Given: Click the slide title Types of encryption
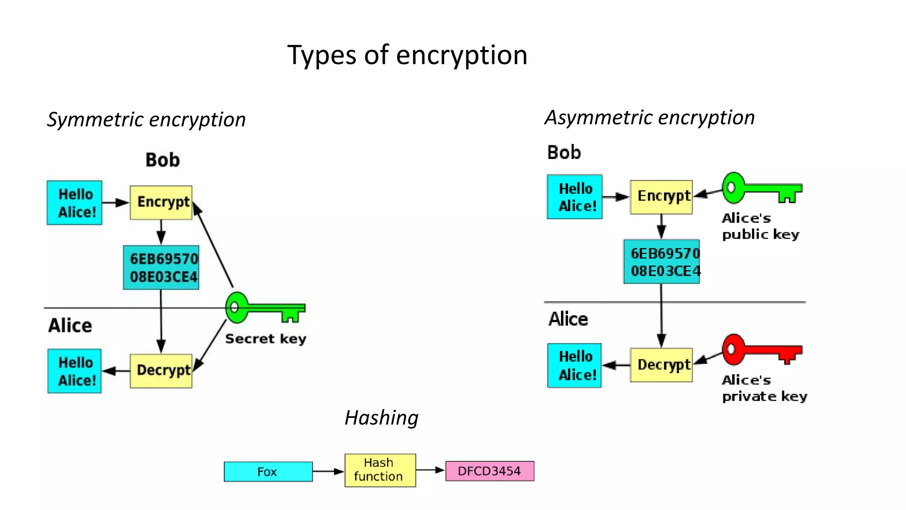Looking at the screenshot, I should (x=407, y=55).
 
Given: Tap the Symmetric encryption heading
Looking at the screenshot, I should (x=146, y=120).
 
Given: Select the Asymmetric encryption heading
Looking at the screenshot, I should (x=649, y=118).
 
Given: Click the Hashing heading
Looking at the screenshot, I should (x=381, y=417).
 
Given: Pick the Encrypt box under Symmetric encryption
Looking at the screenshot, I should (x=161, y=202).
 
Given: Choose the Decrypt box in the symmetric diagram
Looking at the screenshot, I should (x=161, y=371).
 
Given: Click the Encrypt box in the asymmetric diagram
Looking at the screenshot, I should (x=661, y=197).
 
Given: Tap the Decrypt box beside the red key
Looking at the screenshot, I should (x=661, y=365).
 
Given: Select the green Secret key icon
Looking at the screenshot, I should (x=265, y=308).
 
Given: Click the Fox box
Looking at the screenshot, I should (x=268, y=471).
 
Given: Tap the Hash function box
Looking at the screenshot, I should (x=380, y=470).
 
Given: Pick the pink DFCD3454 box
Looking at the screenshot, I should (x=490, y=471).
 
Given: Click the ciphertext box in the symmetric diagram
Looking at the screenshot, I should (x=161, y=267).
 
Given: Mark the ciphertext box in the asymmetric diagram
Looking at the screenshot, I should (x=661, y=262).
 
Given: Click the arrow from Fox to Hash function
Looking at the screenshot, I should (x=328, y=471).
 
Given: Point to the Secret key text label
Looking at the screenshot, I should (x=265, y=339).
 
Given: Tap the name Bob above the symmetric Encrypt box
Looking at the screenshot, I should (x=162, y=160).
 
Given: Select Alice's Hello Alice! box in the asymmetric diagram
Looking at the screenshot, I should (x=574, y=366).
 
